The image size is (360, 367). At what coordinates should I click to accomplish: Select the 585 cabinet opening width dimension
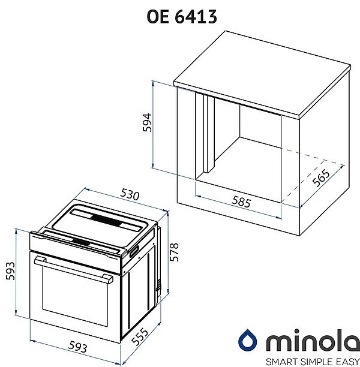pos(241,202)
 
